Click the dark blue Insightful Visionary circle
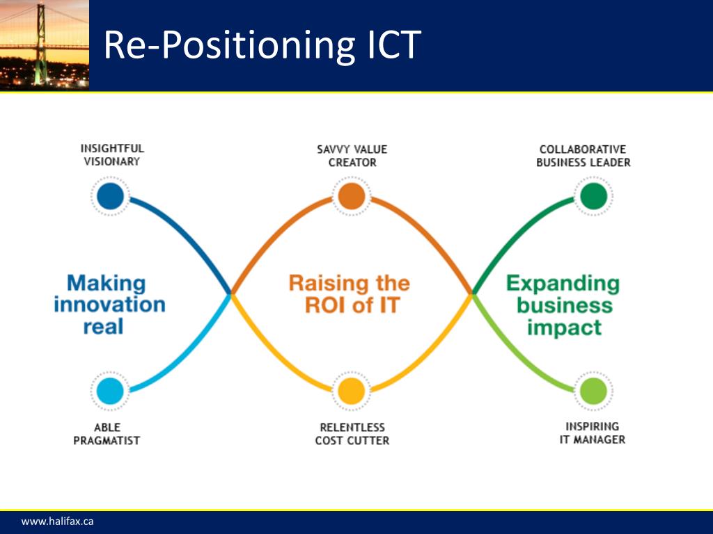point(110,196)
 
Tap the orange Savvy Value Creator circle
point(351,196)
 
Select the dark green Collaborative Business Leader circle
point(593,196)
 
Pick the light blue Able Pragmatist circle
point(110,391)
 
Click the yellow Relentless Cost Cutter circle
point(351,391)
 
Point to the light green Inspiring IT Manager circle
point(593,391)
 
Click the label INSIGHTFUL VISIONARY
point(112,155)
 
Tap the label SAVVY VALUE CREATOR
point(352,156)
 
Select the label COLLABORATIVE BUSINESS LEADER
point(583,156)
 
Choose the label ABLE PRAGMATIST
point(107,434)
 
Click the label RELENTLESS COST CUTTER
point(352,434)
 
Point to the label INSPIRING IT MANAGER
point(593,432)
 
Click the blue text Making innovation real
point(109,305)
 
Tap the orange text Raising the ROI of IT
point(350,294)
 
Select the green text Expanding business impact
point(563,305)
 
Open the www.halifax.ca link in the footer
point(57,521)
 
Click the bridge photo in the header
point(45,44)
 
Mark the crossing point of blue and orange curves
point(232,293)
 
